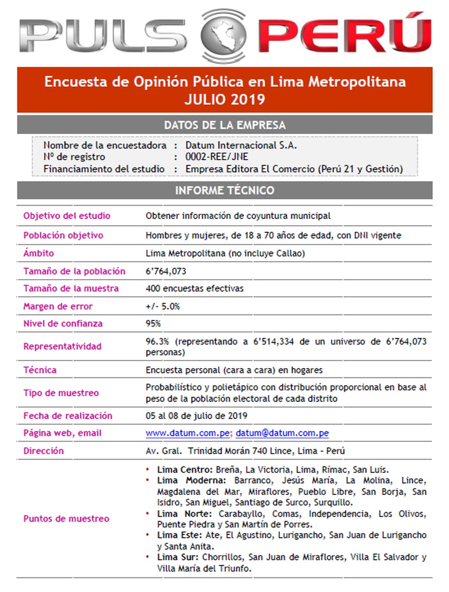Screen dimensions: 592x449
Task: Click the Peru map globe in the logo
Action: pos(224,35)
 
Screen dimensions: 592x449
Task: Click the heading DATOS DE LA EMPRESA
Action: pos(224,125)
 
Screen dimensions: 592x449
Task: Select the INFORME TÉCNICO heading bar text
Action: pos(224,190)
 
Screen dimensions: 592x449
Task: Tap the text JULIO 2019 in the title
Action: pos(224,99)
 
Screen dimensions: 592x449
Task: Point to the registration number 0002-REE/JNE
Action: pos(217,157)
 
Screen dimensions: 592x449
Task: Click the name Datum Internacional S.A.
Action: pos(241,145)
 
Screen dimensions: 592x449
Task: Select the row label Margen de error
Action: pos(58,307)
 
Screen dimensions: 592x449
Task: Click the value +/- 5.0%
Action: pos(163,307)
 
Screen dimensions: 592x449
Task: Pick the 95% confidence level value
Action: pos(153,323)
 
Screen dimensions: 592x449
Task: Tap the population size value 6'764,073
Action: pos(166,271)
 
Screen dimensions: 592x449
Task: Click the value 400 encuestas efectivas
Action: pos(195,289)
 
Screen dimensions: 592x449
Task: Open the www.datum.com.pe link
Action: pos(188,433)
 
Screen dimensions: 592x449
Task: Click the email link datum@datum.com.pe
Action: pos(282,433)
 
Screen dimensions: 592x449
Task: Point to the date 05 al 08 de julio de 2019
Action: pos(197,416)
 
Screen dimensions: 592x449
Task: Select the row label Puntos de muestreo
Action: pos(66,519)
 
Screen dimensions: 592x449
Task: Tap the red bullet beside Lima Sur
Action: pos(148,557)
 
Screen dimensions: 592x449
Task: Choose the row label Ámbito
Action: pos(38,253)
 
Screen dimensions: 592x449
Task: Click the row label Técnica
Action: pos(40,370)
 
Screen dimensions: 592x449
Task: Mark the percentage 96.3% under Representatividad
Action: pos(157,342)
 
